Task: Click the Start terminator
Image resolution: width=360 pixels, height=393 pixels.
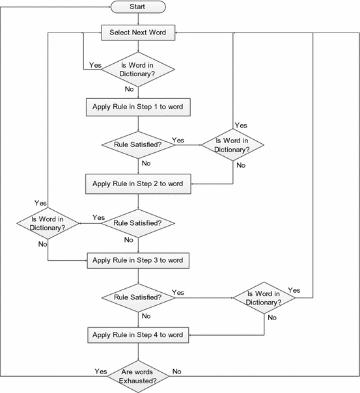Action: click(137, 7)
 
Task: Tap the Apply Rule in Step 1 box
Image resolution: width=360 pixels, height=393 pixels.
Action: click(137, 106)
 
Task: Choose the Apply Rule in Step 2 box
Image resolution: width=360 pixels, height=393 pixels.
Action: click(137, 184)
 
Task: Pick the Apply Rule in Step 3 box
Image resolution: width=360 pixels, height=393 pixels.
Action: click(137, 260)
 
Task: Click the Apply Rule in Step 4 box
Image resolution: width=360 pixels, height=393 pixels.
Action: click(137, 335)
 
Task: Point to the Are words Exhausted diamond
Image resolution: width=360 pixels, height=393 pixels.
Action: click(137, 375)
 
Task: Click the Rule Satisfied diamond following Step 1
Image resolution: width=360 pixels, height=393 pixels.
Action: click(137, 144)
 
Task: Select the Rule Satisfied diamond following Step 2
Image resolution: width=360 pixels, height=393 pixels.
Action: click(137, 223)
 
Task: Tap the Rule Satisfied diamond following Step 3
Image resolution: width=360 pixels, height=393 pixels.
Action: click(137, 297)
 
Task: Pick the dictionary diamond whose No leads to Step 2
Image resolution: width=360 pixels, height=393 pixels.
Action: click(233, 145)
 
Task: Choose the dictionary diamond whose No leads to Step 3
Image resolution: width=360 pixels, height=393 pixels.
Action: click(48, 223)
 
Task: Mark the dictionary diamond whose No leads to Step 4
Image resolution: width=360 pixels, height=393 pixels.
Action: click(264, 297)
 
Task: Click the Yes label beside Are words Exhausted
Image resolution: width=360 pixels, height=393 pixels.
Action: click(101, 371)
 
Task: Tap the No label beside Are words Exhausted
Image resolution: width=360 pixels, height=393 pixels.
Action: click(176, 371)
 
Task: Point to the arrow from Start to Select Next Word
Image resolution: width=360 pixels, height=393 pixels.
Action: click(137, 20)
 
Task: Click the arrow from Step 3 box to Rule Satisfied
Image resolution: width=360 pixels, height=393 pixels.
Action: click(137, 276)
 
